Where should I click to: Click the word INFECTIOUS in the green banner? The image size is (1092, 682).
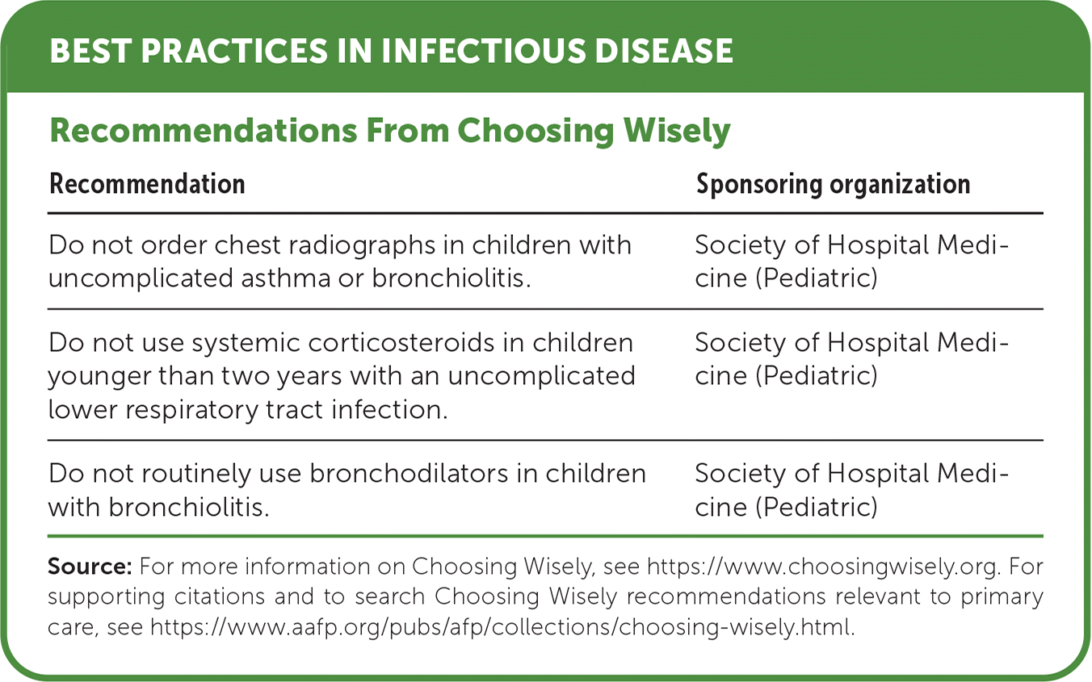tap(483, 51)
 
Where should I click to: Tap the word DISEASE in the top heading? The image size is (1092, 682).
tap(664, 51)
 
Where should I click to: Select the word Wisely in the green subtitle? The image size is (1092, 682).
tap(677, 132)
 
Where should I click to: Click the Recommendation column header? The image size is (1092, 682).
tap(147, 184)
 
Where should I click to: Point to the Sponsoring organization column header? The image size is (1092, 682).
tap(834, 185)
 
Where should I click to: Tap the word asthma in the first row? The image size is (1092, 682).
tap(284, 278)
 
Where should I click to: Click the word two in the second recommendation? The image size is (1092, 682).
tap(246, 376)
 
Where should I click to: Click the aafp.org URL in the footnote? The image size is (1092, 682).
tap(502, 627)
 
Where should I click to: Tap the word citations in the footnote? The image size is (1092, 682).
tap(220, 596)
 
